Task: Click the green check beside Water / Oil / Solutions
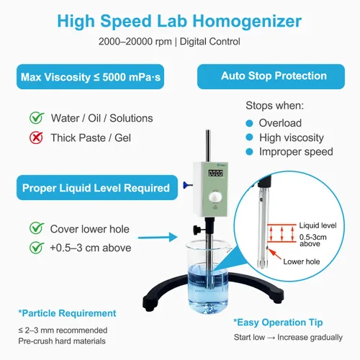[x=35, y=118]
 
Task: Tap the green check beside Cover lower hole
[x=35, y=229]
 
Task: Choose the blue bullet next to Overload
[x=251, y=123]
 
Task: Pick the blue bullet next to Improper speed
[x=251, y=152]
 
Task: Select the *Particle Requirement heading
[x=67, y=313]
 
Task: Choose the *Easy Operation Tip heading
[x=277, y=322]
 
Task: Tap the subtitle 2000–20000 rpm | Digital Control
[x=180, y=41]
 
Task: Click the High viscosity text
[x=292, y=138]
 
